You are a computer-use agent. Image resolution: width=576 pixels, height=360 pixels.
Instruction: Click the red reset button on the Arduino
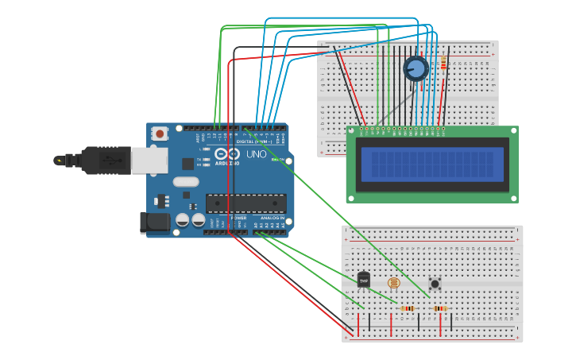pyautogui.click(x=160, y=134)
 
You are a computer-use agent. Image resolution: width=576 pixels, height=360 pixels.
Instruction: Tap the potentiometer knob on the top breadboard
pyautogui.click(x=416, y=69)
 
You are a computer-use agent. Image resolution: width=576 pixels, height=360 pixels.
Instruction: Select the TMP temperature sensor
pyautogui.click(x=363, y=280)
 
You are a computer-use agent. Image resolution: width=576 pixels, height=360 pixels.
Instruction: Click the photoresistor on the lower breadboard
pyautogui.click(x=393, y=282)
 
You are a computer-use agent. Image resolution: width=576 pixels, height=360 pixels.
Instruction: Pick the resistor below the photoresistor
pyautogui.click(x=407, y=308)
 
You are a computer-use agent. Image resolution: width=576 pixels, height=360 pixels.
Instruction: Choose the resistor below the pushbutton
pyautogui.click(x=439, y=308)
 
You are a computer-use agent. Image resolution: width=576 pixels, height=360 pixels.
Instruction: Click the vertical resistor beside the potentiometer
pyautogui.click(x=443, y=64)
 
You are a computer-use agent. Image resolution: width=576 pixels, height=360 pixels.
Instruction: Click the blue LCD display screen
pyautogui.click(x=432, y=165)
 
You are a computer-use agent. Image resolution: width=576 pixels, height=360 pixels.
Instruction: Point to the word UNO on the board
pyautogui.click(x=256, y=154)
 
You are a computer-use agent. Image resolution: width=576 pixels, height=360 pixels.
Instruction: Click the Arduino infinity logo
pyautogui.click(x=226, y=153)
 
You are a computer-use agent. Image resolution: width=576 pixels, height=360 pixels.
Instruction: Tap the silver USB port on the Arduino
pyautogui.click(x=149, y=160)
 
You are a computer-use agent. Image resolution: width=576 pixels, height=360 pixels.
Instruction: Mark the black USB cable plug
pyautogui.click(x=103, y=160)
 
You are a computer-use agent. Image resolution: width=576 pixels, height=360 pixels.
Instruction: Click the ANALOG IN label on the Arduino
pyautogui.click(x=271, y=218)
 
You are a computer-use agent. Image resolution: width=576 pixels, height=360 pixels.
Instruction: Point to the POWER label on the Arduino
pyautogui.click(x=238, y=218)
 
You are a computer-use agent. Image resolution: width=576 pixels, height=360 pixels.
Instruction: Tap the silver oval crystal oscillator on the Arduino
pyautogui.click(x=185, y=182)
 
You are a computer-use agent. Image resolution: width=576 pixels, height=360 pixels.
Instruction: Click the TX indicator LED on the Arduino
pyautogui.click(x=207, y=159)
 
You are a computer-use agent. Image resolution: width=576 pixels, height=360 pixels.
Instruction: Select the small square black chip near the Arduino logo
pyautogui.click(x=188, y=164)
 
